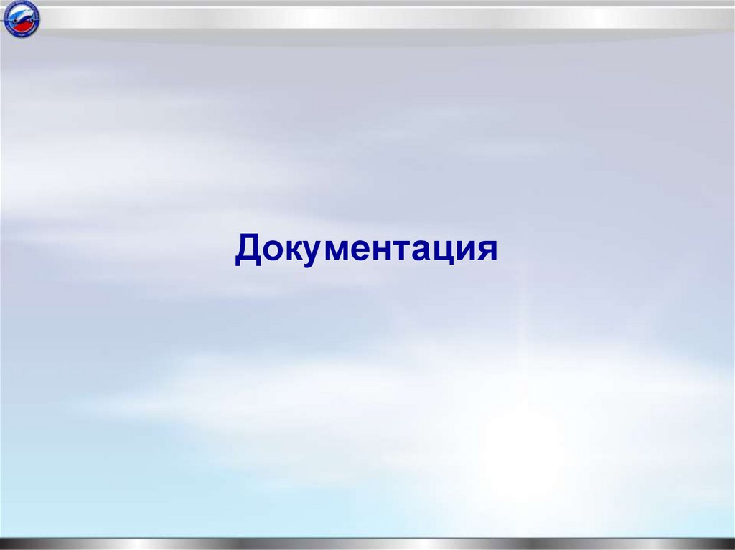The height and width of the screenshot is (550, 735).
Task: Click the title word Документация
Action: pyautogui.click(x=366, y=250)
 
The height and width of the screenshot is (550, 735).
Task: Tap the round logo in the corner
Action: pyautogui.click(x=22, y=19)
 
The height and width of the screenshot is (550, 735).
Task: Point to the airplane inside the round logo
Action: pyautogui.click(x=22, y=18)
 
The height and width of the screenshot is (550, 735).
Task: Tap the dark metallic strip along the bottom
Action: pyautogui.click(x=367, y=543)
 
